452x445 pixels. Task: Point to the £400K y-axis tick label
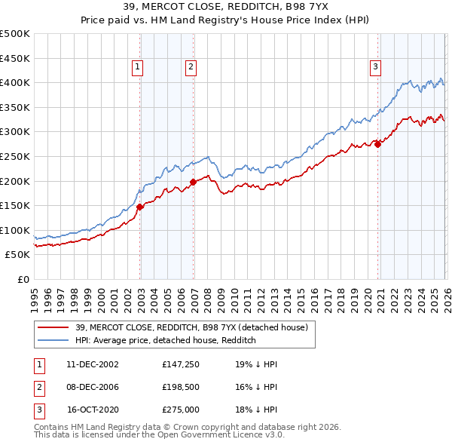tap(15, 82)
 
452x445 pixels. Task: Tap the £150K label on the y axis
tap(15, 205)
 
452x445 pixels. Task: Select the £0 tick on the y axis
tap(23, 279)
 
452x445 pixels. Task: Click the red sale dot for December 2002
tap(139, 207)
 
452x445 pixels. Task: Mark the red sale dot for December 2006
tap(193, 182)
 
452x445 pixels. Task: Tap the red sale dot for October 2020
tap(377, 144)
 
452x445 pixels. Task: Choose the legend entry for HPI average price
tap(165, 340)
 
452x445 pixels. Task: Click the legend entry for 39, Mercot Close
tap(191, 327)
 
